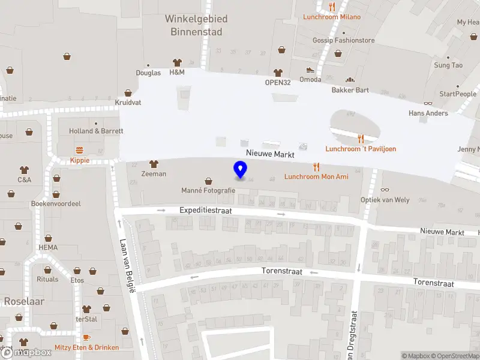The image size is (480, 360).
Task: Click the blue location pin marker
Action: pos(240,170)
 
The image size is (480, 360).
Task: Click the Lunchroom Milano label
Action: pos(332,17)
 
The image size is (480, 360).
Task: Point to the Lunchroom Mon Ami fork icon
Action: pos(316,167)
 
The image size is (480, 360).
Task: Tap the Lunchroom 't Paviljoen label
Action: pos(361,149)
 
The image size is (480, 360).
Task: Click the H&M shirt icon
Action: pos(177,62)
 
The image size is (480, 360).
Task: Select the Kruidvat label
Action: pos(128,103)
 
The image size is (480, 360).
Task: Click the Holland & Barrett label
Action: pos(96,131)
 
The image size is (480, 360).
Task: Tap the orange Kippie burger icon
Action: pos(79,150)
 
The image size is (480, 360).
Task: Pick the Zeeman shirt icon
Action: pos(154,164)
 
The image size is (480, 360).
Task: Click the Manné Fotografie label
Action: pos(208,191)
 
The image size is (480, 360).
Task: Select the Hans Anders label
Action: pos(428,113)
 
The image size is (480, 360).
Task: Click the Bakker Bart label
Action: pos(350,91)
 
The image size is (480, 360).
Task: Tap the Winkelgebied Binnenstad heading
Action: pos(196,25)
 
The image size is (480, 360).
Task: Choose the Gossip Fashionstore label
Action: pos(343,41)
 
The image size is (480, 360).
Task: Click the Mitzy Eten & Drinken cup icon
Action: pos(86,337)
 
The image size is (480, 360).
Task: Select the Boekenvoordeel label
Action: pos(56,204)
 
